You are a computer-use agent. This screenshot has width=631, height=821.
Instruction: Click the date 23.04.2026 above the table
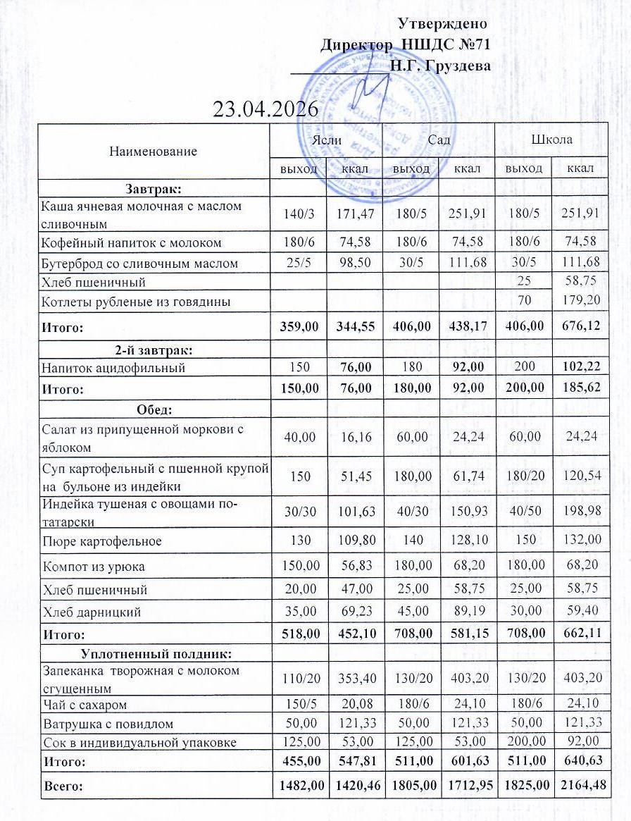265,109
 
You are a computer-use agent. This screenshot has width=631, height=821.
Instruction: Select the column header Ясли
327,140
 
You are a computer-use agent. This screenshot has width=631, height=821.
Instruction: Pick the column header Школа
552,140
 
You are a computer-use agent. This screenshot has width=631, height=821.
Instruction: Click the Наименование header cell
154,151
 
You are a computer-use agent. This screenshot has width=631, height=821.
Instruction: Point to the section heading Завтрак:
154,188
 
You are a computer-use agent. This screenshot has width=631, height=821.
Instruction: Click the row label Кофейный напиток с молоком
132,242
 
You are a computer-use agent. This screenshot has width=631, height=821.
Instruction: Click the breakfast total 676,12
580,328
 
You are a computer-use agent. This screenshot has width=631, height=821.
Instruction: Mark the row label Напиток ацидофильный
113,367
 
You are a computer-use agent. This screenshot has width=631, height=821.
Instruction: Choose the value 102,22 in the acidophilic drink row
580,367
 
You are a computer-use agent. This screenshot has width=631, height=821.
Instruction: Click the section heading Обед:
154,409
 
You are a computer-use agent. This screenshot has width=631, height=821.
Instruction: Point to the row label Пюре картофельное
102,541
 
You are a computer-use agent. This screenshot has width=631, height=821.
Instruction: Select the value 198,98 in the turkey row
580,510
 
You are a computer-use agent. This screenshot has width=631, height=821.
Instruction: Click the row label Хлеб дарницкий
92,612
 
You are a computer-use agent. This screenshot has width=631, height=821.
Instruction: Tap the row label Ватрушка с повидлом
108,724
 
